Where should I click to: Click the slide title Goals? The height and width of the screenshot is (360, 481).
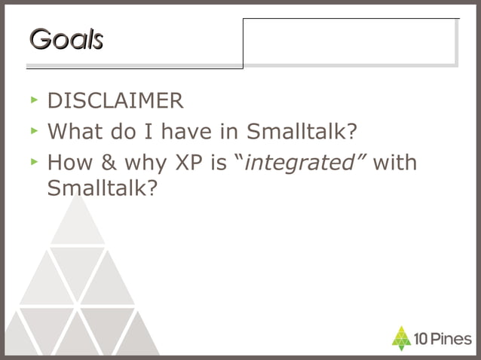[66, 39]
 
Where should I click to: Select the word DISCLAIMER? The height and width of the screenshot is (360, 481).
[115, 101]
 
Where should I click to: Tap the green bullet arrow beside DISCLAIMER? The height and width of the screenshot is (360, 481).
[33, 99]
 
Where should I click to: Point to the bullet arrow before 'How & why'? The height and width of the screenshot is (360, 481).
[33, 160]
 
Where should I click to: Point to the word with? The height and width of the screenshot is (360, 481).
[394, 163]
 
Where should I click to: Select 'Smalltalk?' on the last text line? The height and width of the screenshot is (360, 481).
[102, 188]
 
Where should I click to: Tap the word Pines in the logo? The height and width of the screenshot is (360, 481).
[451, 339]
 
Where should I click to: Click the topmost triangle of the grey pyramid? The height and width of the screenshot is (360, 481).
[76, 221]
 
